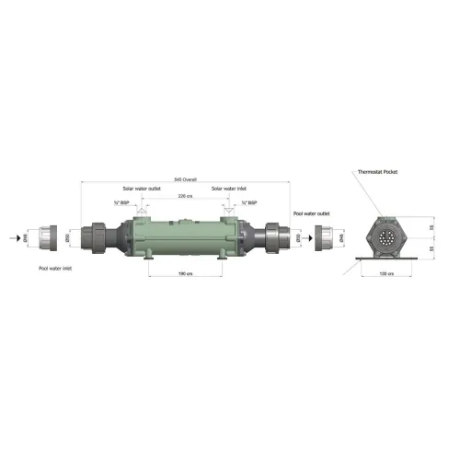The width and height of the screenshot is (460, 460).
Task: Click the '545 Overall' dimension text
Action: [x=185, y=179]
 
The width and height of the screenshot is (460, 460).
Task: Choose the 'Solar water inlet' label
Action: [x=228, y=189]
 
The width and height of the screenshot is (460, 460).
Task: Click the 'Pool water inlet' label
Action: [x=56, y=270]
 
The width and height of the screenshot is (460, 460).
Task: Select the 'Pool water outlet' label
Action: [x=312, y=214]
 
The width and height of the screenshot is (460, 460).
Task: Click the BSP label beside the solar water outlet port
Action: [x=120, y=203]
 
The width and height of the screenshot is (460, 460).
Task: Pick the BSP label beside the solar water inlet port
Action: [x=247, y=203]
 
